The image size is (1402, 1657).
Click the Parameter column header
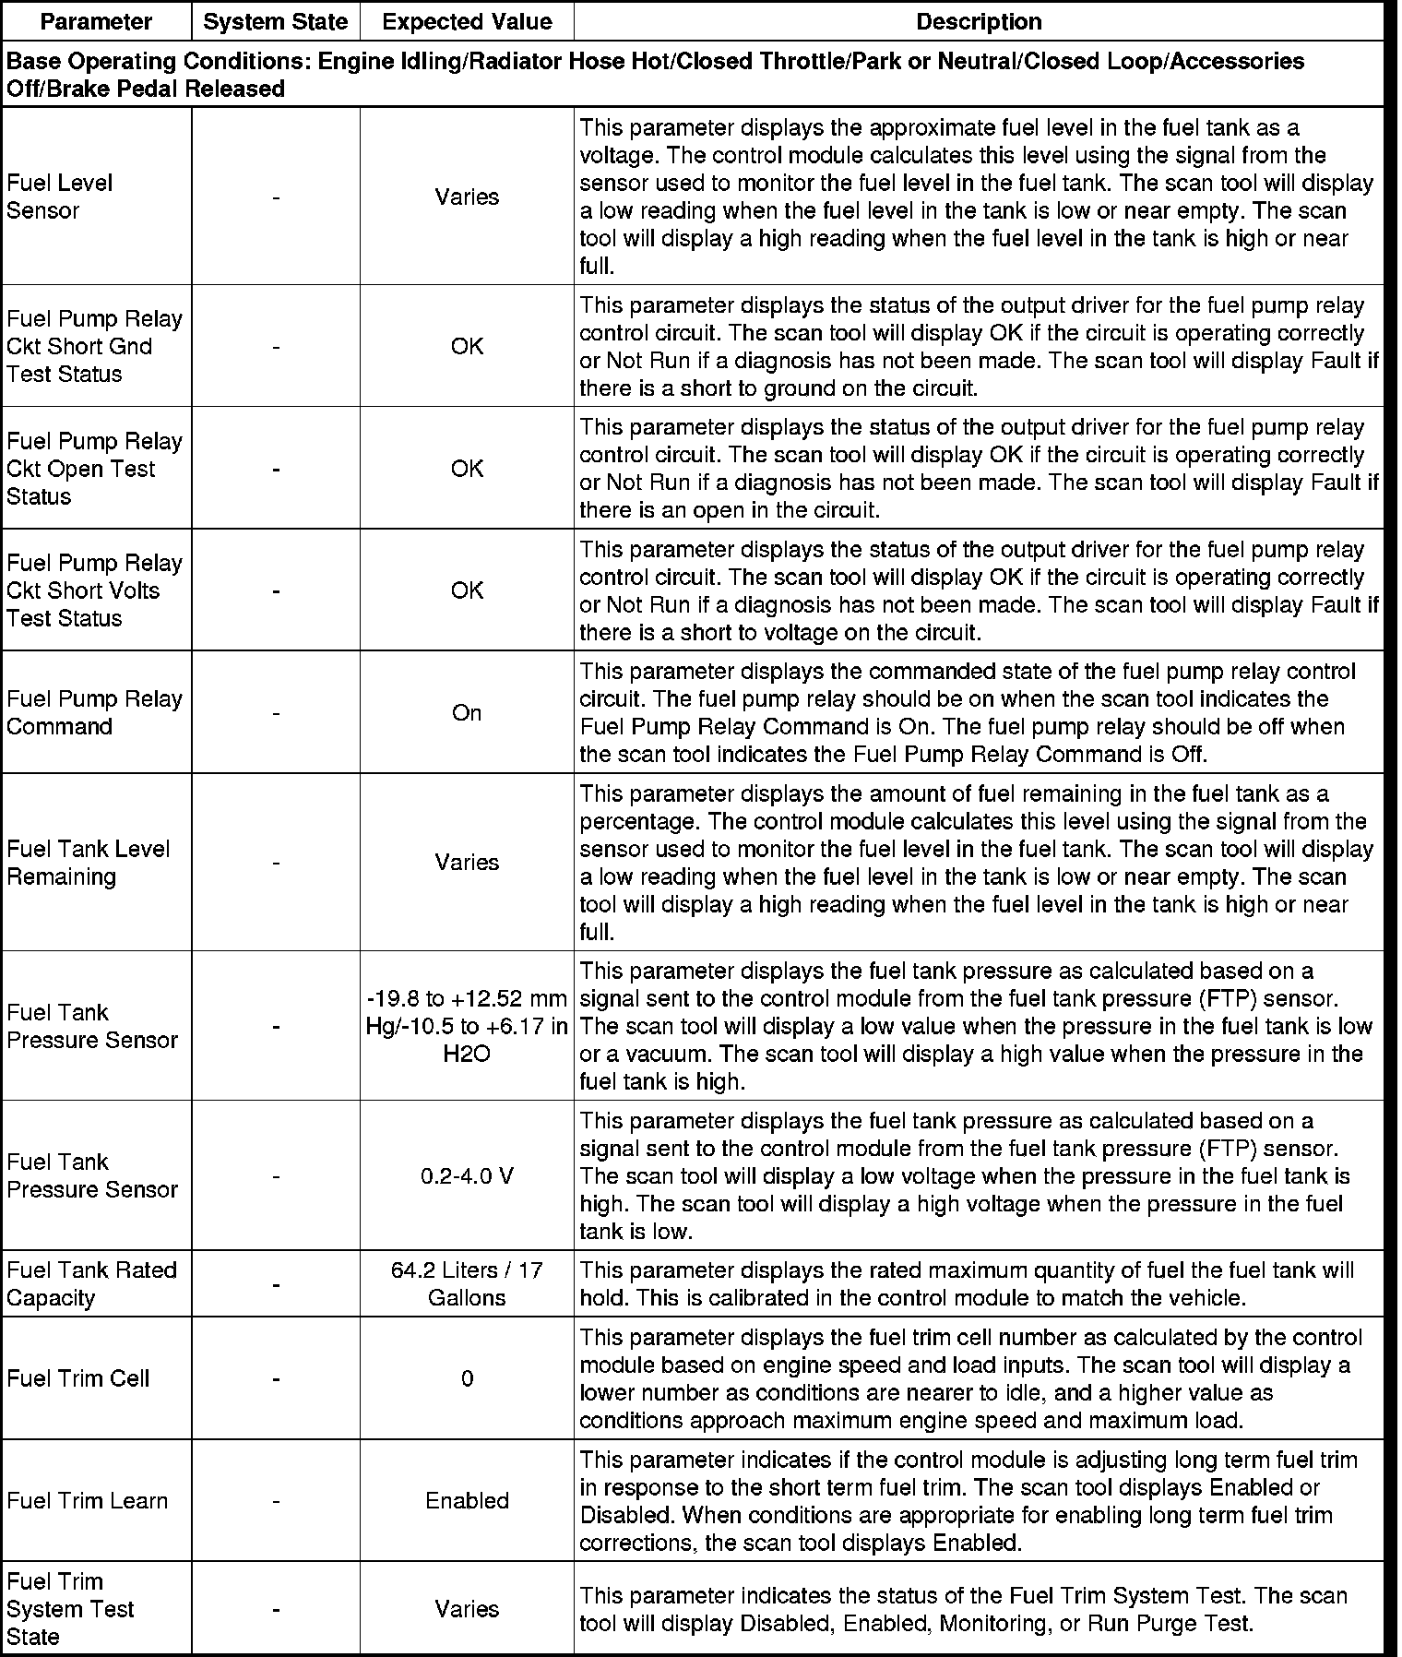[x=96, y=22]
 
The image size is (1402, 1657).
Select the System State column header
[x=276, y=22]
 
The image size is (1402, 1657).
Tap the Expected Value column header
[x=467, y=22]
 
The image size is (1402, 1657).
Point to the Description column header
[x=979, y=22]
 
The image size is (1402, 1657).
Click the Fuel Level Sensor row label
[x=60, y=197]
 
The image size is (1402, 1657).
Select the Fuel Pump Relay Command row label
[x=94, y=712]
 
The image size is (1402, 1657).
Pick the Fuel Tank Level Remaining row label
[x=89, y=862]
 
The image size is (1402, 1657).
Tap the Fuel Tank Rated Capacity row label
[x=91, y=1283]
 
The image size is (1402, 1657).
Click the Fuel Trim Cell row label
[x=77, y=1378]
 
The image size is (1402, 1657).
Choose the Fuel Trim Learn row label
[x=88, y=1500]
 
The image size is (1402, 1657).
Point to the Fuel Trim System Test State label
[x=70, y=1608]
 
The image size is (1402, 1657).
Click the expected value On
[x=467, y=712]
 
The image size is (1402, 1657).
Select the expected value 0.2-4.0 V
[x=467, y=1175]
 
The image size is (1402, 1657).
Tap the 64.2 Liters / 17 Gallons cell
[x=467, y=1283]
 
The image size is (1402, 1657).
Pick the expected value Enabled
[x=467, y=1500]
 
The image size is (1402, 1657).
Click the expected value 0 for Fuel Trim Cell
[x=467, y=1378]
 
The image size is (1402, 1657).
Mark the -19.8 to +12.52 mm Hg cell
[x=467, y=1026]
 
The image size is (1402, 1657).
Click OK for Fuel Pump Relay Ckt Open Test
[x=467, y=469]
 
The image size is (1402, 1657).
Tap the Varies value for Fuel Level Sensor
[x=467, y=197]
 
